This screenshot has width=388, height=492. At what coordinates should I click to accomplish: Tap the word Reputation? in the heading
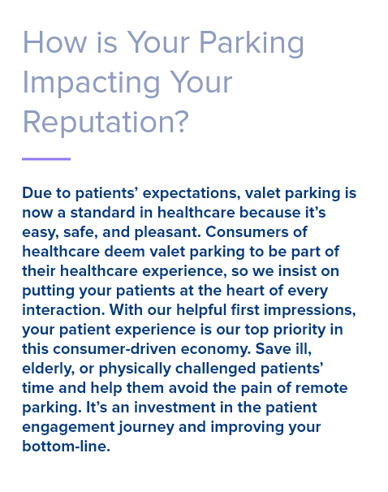(x=106, y=123)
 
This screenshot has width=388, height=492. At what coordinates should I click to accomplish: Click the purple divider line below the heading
(x=46, y=159)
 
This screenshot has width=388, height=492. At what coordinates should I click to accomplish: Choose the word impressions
(x=305, y=310)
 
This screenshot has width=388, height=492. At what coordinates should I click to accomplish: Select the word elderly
(x=47, y=369)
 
